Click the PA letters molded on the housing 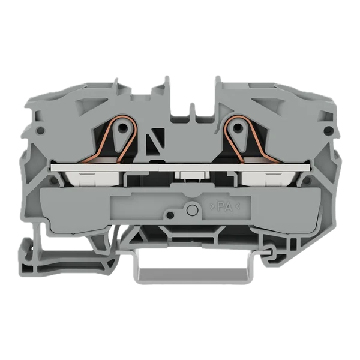225,207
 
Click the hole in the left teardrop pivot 124,127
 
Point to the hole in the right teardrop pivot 238,127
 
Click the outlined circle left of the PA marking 193,210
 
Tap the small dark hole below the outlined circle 170,215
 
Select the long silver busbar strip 180,167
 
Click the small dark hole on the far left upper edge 40,131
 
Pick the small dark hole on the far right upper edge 328,130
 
